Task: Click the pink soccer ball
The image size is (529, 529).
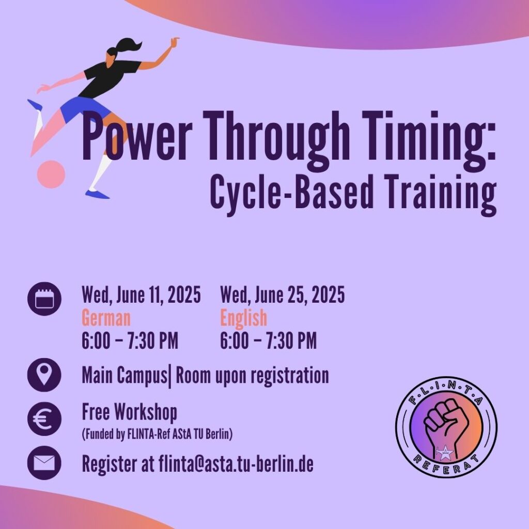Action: [x=51, y=174]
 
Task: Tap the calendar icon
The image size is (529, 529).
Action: [x=44, y=299]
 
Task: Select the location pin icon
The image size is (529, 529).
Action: [x=44, y=375]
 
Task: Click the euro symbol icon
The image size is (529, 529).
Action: [x=44, y=418]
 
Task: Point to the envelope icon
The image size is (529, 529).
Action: [x=44, y=463]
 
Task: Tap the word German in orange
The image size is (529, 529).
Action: [x=106, y=318]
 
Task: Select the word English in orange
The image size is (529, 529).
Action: [x=244, y=318]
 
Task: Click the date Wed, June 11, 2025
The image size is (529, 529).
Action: [x=142, y=295]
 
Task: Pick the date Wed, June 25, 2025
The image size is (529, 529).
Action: [x=283, y=295]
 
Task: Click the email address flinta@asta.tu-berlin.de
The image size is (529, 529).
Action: [x=236, y=464]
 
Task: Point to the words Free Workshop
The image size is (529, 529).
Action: [x=130, y=412]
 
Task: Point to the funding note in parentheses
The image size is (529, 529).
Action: [x=157, y=434]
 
